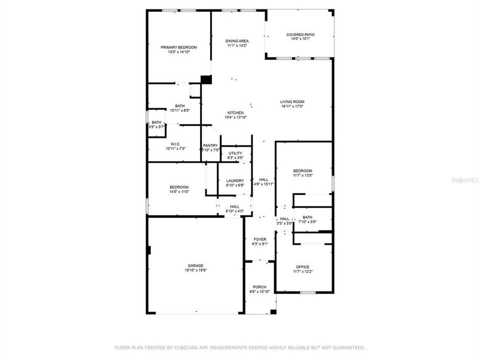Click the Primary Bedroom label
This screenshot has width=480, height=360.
tap(178, 47)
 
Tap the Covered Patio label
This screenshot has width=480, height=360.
tap(300, 34)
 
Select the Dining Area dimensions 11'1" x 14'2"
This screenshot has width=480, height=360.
tap(237, 45)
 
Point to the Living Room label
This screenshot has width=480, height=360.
tap(292, 101)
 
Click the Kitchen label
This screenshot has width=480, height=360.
tap(235, 112)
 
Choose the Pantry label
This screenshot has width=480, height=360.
tap(210, 145)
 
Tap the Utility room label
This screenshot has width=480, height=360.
tap(235, 153)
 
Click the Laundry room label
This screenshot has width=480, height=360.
tap(235, 180)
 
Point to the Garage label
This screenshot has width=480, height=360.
tap(195, 265)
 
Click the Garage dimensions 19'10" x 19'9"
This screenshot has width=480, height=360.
tap(195, 270)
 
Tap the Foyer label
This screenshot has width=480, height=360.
tap(260, 239)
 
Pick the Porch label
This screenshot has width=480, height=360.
tap(259, 287)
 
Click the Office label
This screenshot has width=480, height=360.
tap(302, 266)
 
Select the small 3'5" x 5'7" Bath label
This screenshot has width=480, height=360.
tap(156, 122)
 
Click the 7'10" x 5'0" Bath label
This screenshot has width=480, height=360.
tap(307, 217)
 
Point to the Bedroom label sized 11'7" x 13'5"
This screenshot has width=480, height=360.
tap(302, 170)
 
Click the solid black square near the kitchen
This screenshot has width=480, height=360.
tap(206, 79)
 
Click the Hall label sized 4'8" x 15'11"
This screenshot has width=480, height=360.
tap(263, 179)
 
